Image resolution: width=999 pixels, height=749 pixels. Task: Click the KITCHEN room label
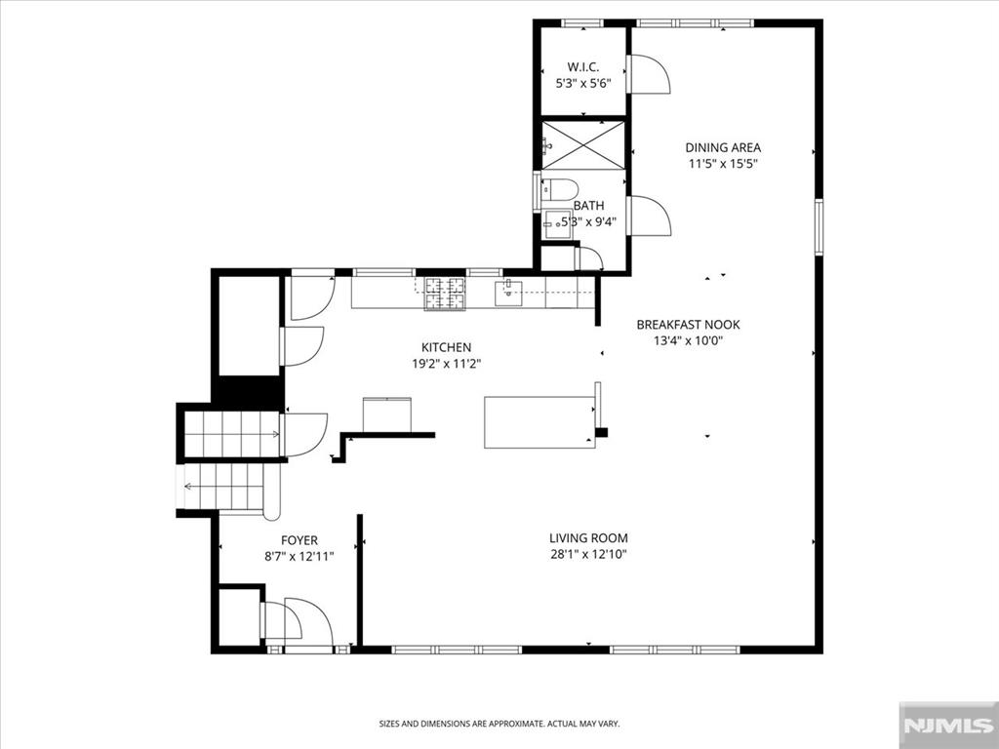coord(446,347)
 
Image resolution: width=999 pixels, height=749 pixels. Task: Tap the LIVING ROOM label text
coord(588,538)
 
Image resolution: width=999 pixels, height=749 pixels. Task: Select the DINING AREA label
coord(723,147)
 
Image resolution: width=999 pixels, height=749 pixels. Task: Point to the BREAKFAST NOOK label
coord(688,324)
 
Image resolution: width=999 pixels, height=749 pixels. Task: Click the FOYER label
coord(300,540)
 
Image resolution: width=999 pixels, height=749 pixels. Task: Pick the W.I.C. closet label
coord(583,67)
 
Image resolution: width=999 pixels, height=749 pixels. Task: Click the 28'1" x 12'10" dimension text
coord(588,554)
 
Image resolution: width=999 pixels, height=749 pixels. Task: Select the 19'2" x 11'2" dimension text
coord(446,364)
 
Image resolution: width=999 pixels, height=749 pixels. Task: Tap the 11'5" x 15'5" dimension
coord(723,164)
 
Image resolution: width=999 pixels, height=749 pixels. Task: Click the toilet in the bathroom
coord(559,189)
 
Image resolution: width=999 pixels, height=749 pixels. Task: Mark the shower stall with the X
coord(583,145)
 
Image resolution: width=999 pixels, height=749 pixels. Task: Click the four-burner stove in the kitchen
coord(445,294)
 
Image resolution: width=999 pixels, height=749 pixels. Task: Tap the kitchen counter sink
coord(508,293)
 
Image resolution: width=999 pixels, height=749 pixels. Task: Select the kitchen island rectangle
coord(539,422)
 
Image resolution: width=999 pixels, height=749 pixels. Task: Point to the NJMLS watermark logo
coord(948,726)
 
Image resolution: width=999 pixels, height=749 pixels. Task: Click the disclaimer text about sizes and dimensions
coord(499,724)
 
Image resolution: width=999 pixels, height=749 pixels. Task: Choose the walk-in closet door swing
coord(648,74)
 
